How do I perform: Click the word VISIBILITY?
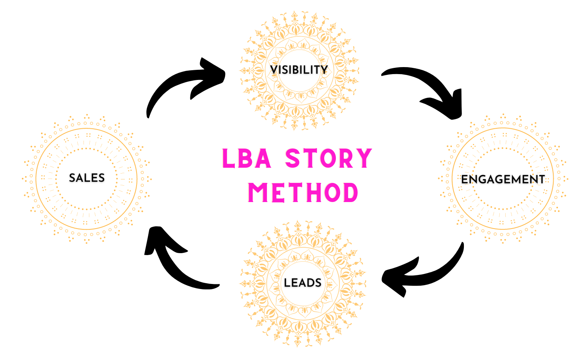[x=299, y=70]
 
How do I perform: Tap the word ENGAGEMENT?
[x=503, y=179]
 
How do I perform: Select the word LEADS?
[x=302, y=283]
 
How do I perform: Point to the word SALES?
[x=87, y=178]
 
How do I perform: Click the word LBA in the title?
[x=247, y=159]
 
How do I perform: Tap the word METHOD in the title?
[x=303, y=193]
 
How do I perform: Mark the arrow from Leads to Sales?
[x=176, y=269]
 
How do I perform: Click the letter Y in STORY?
[x=364, y=159]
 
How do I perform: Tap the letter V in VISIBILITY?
[x=273, y=70]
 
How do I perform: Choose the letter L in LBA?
[x=228, y=159]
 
